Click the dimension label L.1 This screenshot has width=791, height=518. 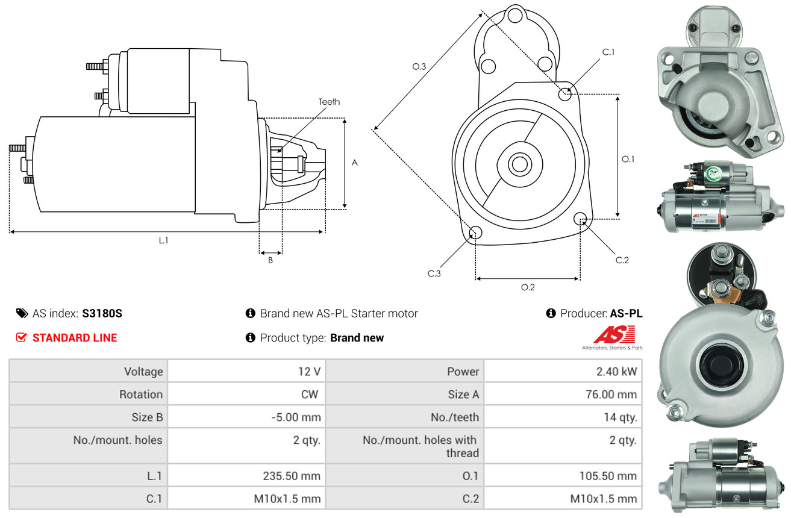[163, 240]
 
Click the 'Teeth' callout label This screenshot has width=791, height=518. [329, 102]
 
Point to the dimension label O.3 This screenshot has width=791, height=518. [419, 67]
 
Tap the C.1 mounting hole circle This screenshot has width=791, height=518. [565, 94]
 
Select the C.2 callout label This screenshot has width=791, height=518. [622, 260]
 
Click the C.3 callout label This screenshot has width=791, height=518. [434, 273]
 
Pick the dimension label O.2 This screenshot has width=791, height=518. [528, 287]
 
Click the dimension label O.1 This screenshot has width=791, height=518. [628, 159]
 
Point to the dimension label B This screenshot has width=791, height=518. [270, 261]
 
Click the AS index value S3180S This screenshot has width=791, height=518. [102, 313]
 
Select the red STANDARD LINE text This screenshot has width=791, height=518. [75, 338]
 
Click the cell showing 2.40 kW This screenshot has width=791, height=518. [616, 372]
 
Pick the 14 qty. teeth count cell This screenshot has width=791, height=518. [620, 417]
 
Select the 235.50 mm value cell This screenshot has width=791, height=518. [291, 476]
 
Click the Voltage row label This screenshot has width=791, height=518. [143, 372]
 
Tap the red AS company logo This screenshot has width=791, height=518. [614, 334]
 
